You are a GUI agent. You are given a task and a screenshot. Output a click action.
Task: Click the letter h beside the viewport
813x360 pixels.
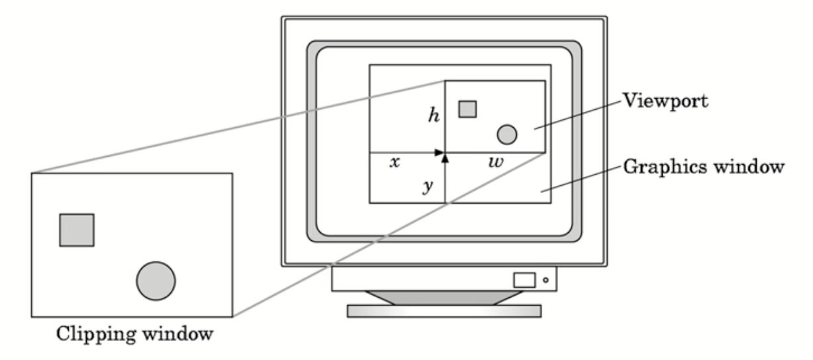pyautogui.click(x=434, y=115)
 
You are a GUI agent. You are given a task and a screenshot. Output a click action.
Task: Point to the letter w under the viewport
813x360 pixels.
pyautogui.click(x=495, y=162)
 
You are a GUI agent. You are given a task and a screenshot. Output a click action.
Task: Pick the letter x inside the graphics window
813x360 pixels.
pyautogui.click(x=395, y=162)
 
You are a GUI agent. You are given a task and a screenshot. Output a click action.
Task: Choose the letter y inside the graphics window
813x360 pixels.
pyautogui.click(x=428, y=187)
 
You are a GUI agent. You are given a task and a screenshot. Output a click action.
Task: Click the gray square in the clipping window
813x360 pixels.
pyautogui.click(x=77, y=230)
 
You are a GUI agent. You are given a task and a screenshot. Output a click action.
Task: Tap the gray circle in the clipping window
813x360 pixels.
pyautogui.click(x=156, y=281)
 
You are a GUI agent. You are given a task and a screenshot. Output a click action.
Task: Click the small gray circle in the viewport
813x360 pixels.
pyautogui.click(x=506, y=135)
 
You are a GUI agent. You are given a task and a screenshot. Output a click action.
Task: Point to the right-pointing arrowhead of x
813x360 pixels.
pyautogui.click(x=440, y=152)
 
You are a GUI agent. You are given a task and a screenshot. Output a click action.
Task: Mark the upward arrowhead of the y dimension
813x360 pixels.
pyautogui.click(x=445, y=158)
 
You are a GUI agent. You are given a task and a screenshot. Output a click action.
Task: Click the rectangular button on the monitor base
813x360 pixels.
pyautogui.click(x=524, y=280)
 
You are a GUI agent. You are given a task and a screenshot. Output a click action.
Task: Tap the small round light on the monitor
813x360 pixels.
pyautogui.click(x=546, y=280)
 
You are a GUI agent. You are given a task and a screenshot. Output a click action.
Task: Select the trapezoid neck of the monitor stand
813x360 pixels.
pyautogui.click(x=444, y=298)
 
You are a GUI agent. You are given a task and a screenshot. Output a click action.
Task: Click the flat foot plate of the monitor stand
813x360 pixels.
pyautogui.click(x=444, y=311)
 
